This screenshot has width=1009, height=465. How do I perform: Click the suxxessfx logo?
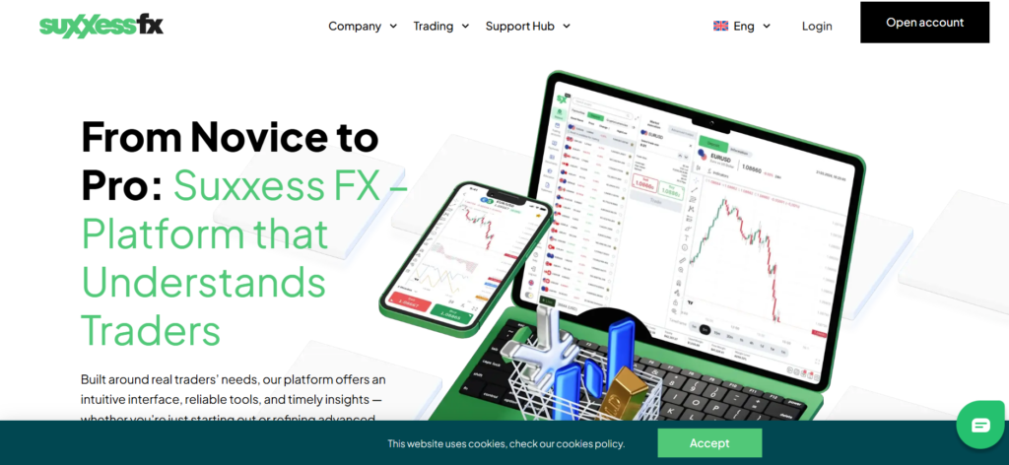click(x=101, y=26)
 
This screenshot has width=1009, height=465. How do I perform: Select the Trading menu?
click(x=434, y=27)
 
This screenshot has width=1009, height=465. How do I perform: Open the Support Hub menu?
click(x=520, y=27)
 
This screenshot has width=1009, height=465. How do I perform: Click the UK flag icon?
click(x=720, y=27)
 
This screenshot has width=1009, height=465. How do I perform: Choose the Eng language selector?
click(x=744, y=27)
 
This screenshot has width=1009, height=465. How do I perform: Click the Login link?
click(x=817, y=27)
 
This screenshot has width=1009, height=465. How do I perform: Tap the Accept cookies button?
click(x=709, y=443)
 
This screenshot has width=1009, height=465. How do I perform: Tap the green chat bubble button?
click(x=980, y=426)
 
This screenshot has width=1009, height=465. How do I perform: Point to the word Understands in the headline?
click(x=203, y=283)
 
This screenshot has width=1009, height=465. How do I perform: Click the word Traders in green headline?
click(x=151, y=330)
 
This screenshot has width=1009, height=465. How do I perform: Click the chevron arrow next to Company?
click(x=393, y=27)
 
